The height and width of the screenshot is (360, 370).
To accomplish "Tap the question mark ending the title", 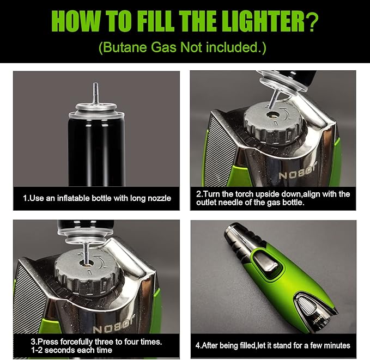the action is [312, 22].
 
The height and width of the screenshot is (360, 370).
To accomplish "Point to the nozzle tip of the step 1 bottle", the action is [95, 84].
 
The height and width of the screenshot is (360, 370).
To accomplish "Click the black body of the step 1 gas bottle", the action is [96, 151].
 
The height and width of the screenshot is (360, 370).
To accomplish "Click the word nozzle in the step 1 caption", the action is [159, 198].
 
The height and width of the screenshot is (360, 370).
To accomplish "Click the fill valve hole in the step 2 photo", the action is [273, 115].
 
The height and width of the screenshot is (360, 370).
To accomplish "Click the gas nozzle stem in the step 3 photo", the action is [86, 253].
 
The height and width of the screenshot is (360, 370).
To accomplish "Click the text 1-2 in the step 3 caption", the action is [37, 350].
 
